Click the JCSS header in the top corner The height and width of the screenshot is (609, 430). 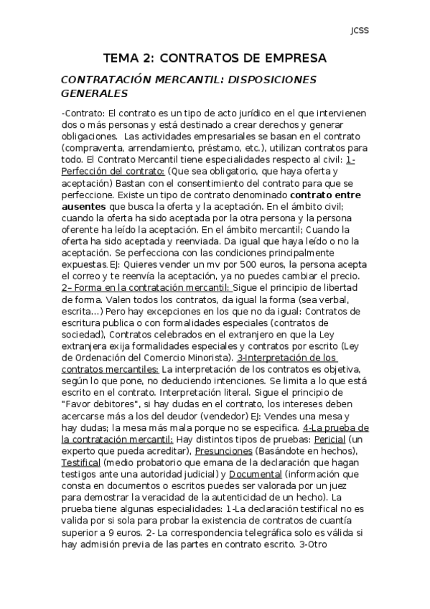pos(359,31)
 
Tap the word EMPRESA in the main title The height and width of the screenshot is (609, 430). pos(293,57)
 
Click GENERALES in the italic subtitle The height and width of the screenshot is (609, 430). pos(95,93)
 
